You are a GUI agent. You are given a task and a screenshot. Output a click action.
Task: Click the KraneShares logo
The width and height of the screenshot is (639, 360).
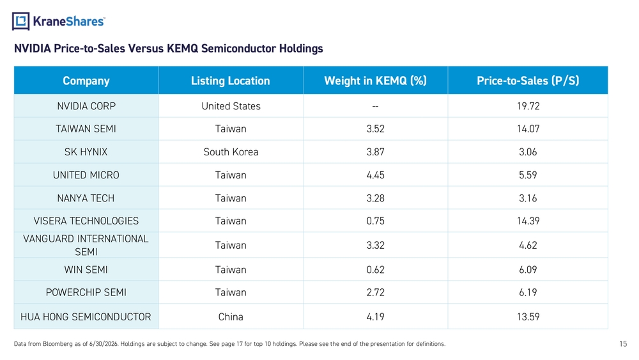pos(59,21)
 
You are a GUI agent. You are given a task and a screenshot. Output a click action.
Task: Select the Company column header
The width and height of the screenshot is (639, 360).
pos(86,81)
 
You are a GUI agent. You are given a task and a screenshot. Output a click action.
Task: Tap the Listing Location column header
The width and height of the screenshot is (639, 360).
pos(231,81)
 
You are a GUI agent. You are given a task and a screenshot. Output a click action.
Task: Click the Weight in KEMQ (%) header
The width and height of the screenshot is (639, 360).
pos(375,81)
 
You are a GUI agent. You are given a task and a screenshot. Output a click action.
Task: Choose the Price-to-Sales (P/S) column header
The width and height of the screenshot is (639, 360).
pos(528,81)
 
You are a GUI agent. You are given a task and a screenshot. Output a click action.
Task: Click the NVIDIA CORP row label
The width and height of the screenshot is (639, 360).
pos(86,106)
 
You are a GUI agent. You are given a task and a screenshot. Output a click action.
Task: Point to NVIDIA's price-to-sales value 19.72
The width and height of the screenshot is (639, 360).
pos(528,106)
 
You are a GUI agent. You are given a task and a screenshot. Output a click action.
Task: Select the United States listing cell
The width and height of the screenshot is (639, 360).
pos(231,106)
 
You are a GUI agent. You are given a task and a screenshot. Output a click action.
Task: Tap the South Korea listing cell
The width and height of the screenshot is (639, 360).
pos(231,152)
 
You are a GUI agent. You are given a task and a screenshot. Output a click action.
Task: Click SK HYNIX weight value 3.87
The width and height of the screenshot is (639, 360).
pos(375,152)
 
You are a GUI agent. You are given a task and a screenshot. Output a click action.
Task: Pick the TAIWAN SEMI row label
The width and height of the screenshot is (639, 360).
pos(86,129)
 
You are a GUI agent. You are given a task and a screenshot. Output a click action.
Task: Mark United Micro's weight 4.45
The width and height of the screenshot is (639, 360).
pos(375,175)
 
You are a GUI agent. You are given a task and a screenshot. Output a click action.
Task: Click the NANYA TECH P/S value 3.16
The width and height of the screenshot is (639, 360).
pos(528,198)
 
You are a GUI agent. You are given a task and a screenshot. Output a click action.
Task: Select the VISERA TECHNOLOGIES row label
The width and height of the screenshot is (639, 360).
pos(86,221)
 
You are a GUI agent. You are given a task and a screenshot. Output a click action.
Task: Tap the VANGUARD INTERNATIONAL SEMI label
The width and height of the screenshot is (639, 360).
pos(86,245)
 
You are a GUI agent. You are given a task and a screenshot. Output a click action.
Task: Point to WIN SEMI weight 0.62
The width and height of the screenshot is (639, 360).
pos(375,269)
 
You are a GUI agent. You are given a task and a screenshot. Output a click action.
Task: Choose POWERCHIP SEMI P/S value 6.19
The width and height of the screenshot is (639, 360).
pos(528,292)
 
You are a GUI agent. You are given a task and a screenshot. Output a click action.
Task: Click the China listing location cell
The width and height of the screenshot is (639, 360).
pos(231,317)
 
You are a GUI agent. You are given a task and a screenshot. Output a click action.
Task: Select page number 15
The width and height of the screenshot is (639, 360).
pos(623,343)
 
